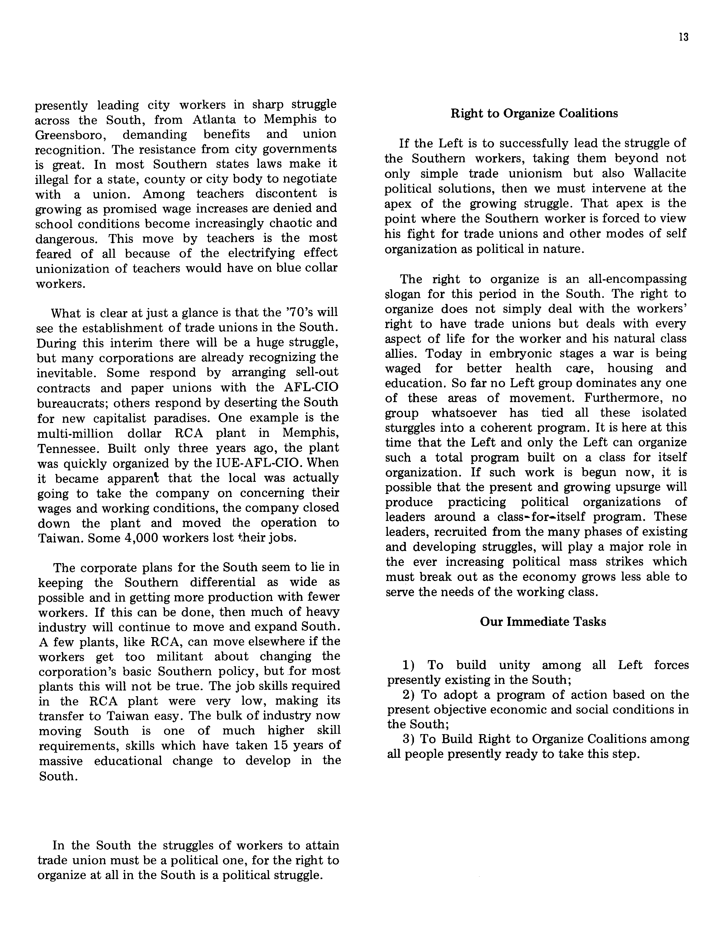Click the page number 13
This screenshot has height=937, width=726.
(x=684, y=37)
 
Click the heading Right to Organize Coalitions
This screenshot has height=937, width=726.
(x=534, y=113)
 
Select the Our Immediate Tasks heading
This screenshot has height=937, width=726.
(x=543, y=622)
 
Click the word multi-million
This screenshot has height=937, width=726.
(x=76, y=433)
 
